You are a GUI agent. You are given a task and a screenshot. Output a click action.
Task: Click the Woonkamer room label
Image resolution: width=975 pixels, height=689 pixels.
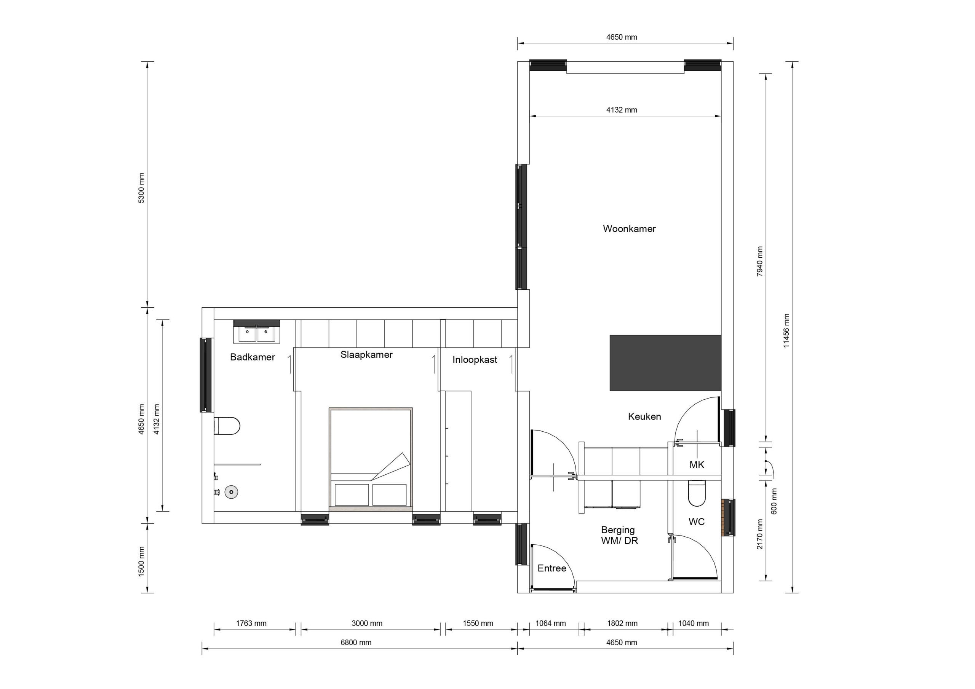pos(629,229)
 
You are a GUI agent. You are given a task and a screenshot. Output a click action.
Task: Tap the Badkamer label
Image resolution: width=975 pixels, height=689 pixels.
pos(252,357)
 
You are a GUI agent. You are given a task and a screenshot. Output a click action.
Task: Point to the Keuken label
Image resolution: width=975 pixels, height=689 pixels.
pos(644,416)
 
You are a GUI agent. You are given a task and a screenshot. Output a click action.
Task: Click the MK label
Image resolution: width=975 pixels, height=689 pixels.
pos(697,465)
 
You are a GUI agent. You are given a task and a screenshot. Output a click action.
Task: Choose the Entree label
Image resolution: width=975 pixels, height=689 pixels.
pos(551,568)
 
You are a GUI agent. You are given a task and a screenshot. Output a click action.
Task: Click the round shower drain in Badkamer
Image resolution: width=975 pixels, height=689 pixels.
pos(232,492)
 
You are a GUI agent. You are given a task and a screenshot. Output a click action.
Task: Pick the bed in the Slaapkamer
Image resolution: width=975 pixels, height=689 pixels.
pos(370,458)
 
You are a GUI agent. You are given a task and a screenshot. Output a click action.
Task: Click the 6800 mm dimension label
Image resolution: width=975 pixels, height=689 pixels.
pos(356,642)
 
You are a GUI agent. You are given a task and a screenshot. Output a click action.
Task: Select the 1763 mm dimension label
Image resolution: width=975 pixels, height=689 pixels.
pos(251,623)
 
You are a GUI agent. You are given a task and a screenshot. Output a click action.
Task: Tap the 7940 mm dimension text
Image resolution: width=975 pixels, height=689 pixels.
pos(760,262)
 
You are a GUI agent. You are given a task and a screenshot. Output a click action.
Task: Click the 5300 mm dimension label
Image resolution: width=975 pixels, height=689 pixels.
pos(141,188)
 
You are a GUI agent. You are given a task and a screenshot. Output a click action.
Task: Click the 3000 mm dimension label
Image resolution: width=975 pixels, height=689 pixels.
pos(367,623)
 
